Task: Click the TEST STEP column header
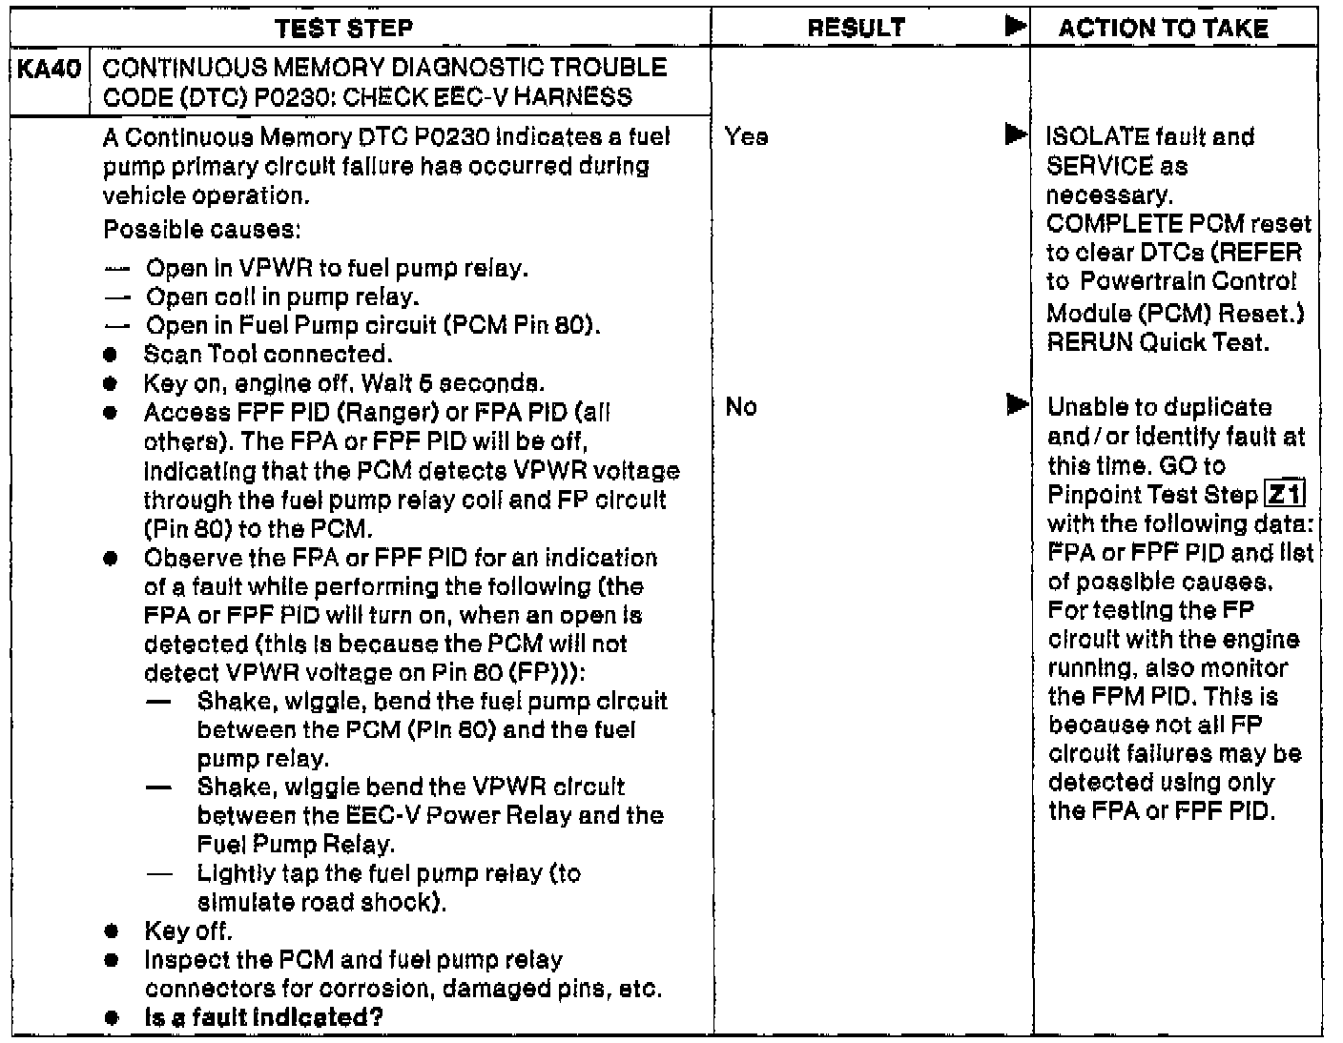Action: [343, 29]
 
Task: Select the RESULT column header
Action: [856, 29]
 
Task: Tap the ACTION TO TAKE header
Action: [1163, 29]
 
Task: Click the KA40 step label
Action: [48, 69]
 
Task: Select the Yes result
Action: [746, 137]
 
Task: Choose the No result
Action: [740, 407]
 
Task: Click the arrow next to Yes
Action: [1017, 136]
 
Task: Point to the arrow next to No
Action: [1017, 406]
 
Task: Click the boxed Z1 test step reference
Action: [1284, 495]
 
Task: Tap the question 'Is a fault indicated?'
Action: [263, 1017]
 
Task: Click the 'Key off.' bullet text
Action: [188, 931]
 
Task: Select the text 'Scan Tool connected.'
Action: [267, 355]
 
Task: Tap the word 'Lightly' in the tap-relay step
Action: [229, 873]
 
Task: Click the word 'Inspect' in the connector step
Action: [181, 960]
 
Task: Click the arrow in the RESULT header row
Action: [1017, 27]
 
